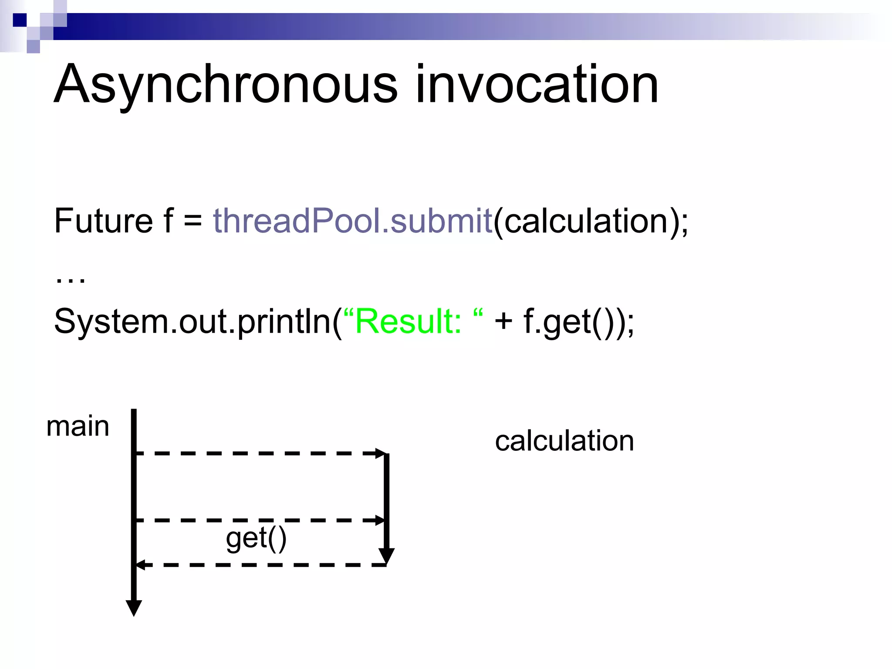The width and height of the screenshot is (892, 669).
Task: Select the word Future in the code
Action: coord(103,221)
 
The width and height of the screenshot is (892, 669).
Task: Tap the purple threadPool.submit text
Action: coord(352,221)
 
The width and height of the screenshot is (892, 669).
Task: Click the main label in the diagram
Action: coord(78,426)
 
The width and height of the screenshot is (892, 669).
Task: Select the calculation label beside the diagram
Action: coord(564,441)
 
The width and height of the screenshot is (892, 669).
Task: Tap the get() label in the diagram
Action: coord(256,539)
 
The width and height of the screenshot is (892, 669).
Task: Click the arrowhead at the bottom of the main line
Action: coord(134,608)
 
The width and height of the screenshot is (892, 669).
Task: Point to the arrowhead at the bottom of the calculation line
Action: coord(386,556)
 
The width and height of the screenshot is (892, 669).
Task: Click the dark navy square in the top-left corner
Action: coord(20,20)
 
